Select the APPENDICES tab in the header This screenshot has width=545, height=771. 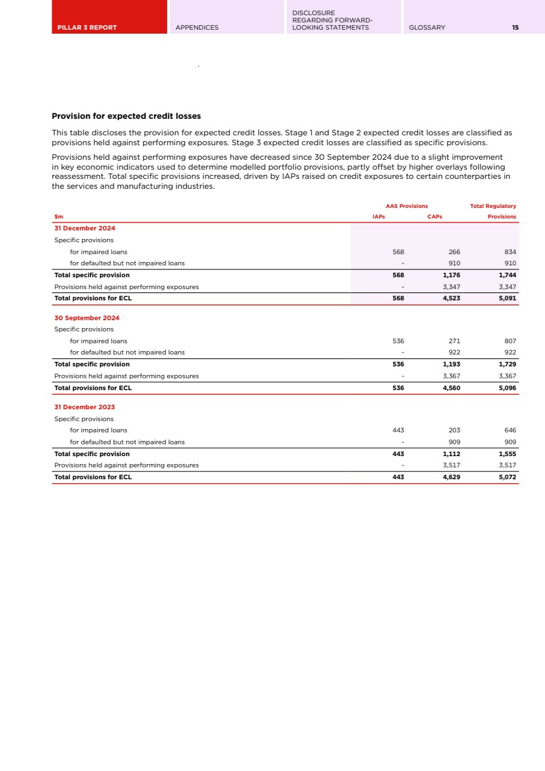point(197,28)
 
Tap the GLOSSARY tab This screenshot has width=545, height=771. point(427,28)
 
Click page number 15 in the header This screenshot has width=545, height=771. point(515,28)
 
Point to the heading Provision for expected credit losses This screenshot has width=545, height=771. point(126,117)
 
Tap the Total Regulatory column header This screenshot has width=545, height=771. point(493,207)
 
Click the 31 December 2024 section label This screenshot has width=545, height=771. point(85,228)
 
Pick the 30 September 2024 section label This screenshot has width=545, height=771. point(87,318)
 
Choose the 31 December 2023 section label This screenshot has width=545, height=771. point(85,407)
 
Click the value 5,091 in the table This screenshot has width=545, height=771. point(507,298)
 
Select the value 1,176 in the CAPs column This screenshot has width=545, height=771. point(451,275)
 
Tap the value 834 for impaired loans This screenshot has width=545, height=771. point(509,252)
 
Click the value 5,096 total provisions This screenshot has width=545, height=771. point(507,388)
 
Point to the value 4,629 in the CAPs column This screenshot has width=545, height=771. point(451,477)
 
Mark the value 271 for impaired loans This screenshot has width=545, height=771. point(454,341)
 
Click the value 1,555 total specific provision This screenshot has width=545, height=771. point(507,454)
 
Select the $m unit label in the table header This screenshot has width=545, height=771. point(58,217)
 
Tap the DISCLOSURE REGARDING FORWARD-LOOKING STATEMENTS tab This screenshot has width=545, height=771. point(332,20)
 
